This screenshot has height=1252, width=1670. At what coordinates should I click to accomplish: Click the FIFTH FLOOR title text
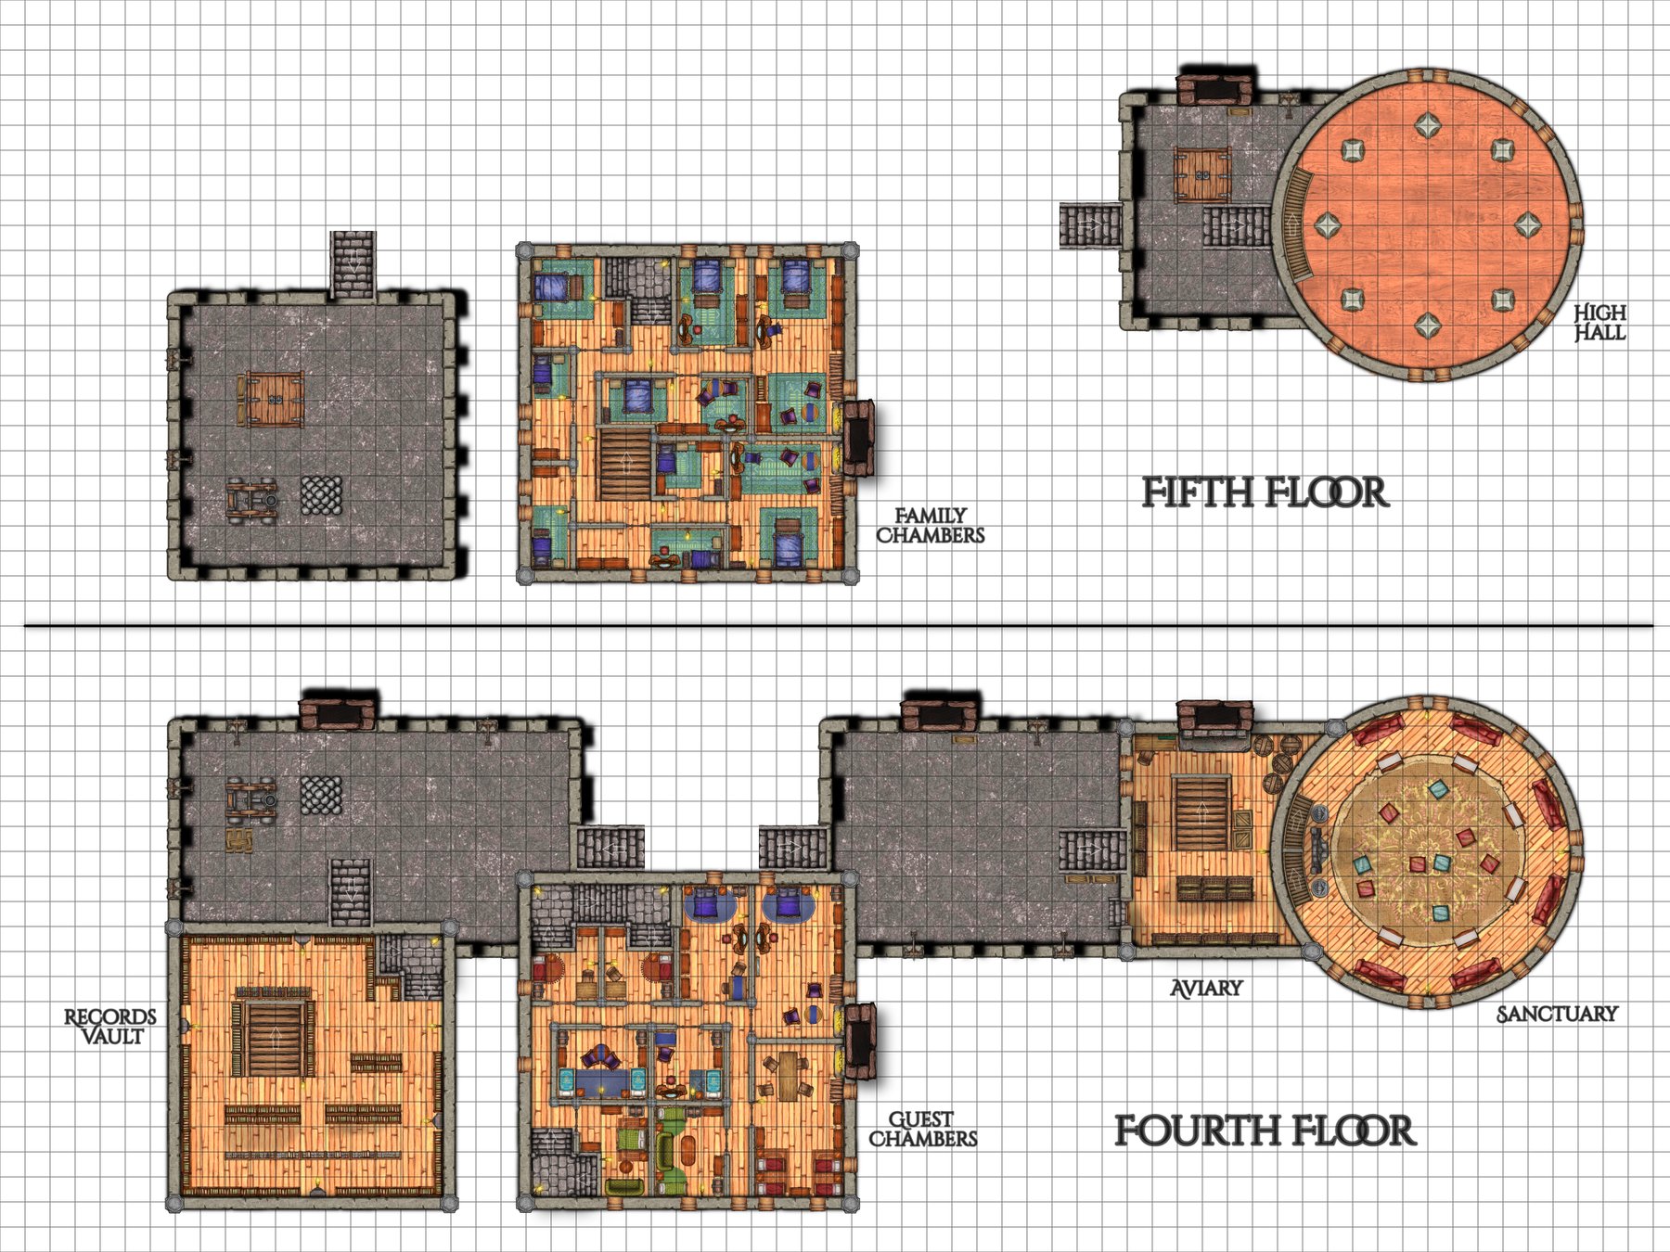1264,492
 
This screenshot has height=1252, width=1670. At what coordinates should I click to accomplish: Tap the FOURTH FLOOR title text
1264,1131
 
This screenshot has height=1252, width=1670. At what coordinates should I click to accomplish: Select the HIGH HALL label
1599,323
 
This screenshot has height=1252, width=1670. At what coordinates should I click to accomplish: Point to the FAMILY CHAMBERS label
931,525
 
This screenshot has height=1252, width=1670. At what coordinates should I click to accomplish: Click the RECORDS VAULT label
109,1027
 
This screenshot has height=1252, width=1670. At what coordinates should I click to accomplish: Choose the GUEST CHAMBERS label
922,1130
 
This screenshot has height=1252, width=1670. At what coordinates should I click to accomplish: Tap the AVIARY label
1206,989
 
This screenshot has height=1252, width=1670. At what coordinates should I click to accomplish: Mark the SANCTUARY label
1557,1015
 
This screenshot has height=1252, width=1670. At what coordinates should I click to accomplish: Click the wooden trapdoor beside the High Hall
1202,173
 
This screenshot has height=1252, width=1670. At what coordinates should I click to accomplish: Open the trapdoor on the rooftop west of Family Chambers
275,399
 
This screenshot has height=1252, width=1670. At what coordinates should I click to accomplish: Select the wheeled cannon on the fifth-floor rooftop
251,499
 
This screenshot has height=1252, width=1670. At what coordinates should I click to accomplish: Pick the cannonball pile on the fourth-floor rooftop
321,795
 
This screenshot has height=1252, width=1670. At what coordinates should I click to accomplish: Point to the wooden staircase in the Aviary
1202,813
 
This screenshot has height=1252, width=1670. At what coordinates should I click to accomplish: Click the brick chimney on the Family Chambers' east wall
858,438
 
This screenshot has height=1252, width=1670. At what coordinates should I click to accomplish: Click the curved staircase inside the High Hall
1292,224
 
